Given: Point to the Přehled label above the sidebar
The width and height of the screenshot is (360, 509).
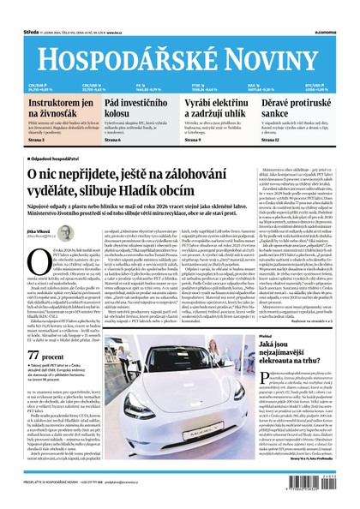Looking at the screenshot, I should (272, 338).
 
